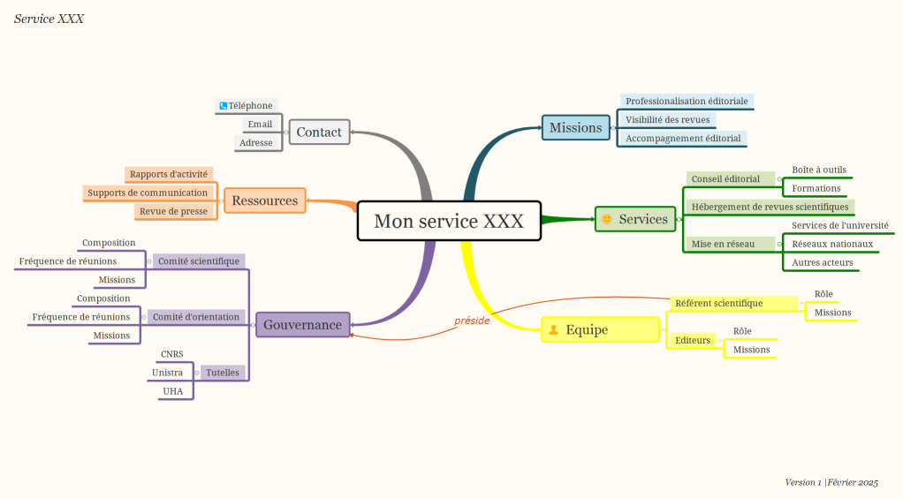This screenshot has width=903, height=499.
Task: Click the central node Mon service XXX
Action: tap(448, 221)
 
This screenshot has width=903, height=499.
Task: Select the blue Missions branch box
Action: tap(575, 128)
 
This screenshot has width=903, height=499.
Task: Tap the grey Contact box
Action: tap(319, 132)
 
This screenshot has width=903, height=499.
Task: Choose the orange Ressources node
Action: tap(264, 200)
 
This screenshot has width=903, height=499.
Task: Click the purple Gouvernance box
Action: tap(302, 325)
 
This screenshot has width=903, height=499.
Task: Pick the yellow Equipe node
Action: tap(600, 329)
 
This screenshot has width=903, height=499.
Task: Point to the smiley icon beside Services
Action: tap(607, 219)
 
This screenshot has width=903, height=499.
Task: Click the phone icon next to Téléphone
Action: tap(224, 106)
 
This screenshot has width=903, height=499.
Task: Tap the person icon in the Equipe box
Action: tap(554, 329)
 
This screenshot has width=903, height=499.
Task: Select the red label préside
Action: tap(472, 321)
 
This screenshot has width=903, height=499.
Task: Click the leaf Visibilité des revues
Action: tap(667, 120)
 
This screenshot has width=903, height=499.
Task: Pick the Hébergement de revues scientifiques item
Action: tap(770, 207)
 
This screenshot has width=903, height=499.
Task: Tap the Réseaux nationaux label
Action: tap(832, 244)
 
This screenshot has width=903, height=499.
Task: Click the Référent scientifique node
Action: tap(718, 303)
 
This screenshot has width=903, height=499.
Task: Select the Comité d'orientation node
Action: tap(196, 316)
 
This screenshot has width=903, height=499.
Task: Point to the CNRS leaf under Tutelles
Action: tap(172, 354)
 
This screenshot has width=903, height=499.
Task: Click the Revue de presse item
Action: tap(173, 211)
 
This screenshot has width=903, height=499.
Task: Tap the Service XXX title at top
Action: tap(49, 19)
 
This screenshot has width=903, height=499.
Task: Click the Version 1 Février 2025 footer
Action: tap(831, 482)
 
